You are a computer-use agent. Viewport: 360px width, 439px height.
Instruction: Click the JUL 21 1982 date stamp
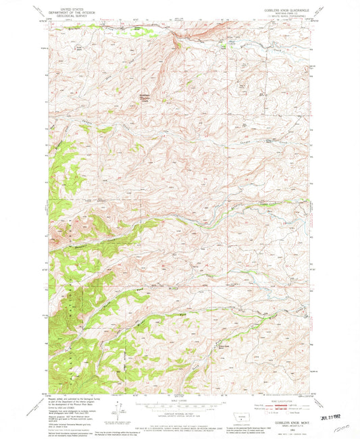(x=337, y=409)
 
